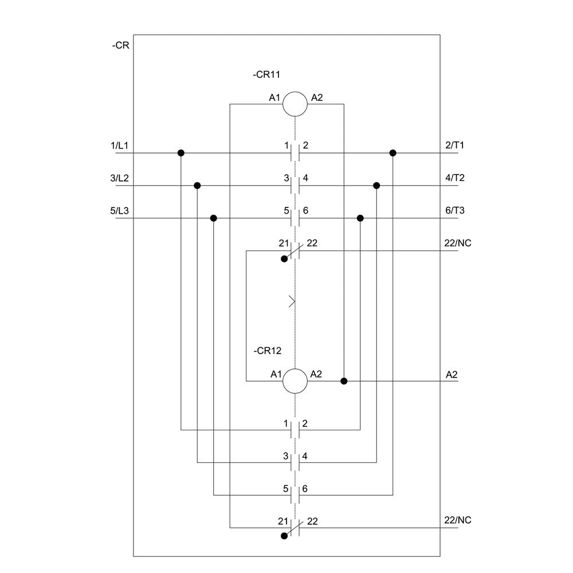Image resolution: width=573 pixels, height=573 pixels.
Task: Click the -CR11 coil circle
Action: pyautogui.click(x=295, y=104)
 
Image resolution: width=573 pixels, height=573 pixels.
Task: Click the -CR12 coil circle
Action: pyautogui.click(x=295, y=380)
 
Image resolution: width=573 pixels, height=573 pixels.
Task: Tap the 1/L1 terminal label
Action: pyautogui.click(x=120, y=146)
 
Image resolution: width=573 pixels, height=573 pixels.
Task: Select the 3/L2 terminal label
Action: pyautogui.click(x=120, y=178)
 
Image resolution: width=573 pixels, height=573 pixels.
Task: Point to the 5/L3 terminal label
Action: pyautogui.click(x=120, y=210)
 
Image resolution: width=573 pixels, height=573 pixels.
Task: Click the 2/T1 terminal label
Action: pyautogui.click(x=454, y=146)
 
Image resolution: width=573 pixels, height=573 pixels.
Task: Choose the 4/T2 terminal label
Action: pyautogui.click(x=454, y=178)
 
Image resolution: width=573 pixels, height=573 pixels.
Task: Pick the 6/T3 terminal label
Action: pyautogui.click(x=454, y=210)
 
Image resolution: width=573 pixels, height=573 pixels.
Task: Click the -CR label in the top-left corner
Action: pyautogui.click(x=120, y=45)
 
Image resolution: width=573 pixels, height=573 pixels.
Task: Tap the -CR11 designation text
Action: pyautogui.click(x=266, y=74)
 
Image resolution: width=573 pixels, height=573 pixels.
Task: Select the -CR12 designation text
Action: pyautogui.click(x=266, y=350)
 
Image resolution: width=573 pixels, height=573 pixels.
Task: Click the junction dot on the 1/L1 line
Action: pyautogui.click(x=181, y=153)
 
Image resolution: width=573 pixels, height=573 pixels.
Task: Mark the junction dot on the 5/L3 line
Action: pyautogui.click(x=214, y=218)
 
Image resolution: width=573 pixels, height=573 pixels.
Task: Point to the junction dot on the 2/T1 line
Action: pyautogui.click(x=393, y=153)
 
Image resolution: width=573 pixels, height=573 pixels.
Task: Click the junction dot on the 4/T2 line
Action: pyautogui.click(x=376, y=186)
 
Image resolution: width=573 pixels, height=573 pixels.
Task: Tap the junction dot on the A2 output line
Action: pyautogui.click(x=344, y=381)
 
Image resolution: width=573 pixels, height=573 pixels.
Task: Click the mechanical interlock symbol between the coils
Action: pyautogui.click(x=293, y=301)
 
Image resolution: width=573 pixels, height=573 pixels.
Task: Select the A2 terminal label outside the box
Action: pyautogui.click(x=452, y=375)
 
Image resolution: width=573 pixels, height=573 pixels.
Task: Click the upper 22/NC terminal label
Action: pyautogui.click(x=458, y=243)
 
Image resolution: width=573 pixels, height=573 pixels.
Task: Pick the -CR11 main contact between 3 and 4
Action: pyautogui.click(x=295, y=186)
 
